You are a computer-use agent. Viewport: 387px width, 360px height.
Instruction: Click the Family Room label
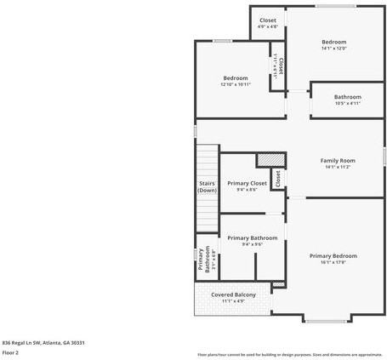(x=337, y=160)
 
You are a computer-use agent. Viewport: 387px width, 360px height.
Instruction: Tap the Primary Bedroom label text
(x=333, y=255)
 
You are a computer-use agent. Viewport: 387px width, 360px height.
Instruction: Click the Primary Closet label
(x=247, y=183)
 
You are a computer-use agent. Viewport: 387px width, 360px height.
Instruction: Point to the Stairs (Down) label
(x=207, y=186)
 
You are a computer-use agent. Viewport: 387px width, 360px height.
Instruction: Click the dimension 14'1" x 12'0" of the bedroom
(x=333, y=49)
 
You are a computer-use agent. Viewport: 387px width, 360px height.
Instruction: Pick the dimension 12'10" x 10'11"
(x=235, y=84)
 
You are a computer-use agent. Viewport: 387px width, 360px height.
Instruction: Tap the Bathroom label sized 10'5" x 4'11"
(x=347, y=96)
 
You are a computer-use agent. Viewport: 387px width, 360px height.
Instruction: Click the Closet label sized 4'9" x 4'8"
(x=268, y=20)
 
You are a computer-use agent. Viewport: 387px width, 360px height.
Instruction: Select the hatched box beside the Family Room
(x=269, y=158)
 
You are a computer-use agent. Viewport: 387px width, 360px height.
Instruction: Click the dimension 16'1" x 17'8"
(x=333, y=262)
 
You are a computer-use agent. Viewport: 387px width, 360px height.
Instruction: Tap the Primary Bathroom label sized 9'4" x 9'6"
(x=252, y=237)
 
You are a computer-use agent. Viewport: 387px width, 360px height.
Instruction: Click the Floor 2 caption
(x=10, y=351)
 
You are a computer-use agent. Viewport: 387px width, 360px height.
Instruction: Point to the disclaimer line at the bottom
(x=289, y=353)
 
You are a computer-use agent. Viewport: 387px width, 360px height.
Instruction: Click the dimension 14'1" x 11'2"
(x=337, y=167)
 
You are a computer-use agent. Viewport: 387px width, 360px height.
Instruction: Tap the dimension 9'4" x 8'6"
(x=247, y=190)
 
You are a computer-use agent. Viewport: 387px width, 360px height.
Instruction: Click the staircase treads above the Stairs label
(x=207, y=162)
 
